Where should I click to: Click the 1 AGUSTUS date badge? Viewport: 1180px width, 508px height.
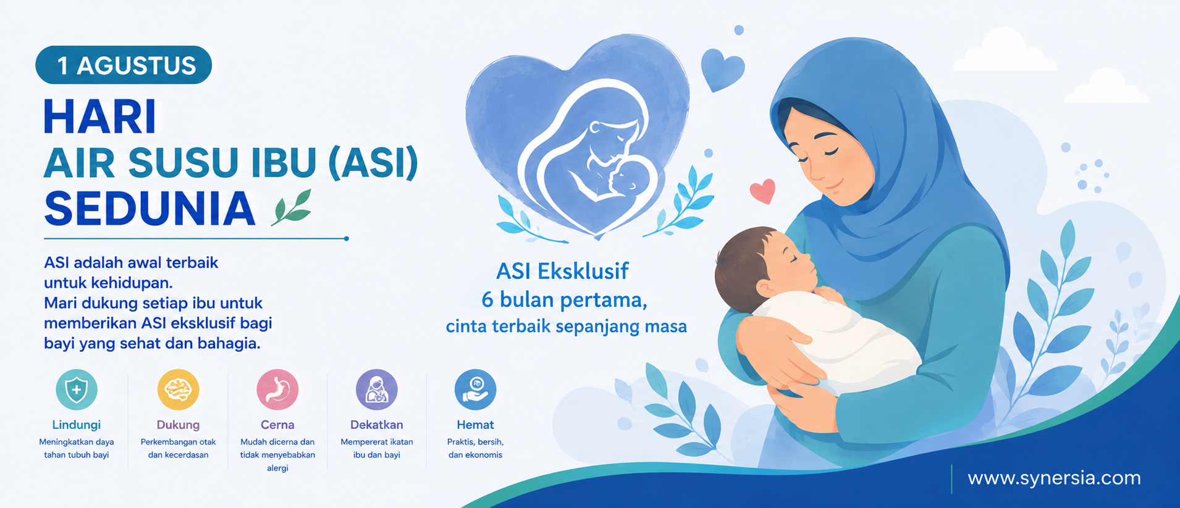point(124,65)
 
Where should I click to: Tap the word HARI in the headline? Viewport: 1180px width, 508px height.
point(99,117)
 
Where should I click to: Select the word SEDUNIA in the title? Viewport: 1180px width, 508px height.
point(150,209)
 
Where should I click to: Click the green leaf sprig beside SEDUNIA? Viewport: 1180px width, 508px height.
point(292,207)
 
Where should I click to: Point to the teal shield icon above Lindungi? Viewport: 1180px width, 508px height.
point(77,389)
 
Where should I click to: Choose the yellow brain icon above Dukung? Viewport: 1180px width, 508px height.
point(178,389)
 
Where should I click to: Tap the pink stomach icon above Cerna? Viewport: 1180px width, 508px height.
point(277,389)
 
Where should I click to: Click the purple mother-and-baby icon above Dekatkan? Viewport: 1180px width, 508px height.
point(377,389)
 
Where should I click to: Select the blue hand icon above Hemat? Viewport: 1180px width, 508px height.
point(475,389)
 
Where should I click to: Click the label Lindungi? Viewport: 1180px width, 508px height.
point(77,425)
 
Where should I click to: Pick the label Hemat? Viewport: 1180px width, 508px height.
point(475,425)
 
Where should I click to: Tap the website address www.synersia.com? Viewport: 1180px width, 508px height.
point(1054,478)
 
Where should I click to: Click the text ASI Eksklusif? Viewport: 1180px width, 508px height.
point(562,271)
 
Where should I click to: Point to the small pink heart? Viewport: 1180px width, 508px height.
point(762,191)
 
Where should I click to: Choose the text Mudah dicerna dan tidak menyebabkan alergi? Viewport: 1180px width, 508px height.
point(277,455)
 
